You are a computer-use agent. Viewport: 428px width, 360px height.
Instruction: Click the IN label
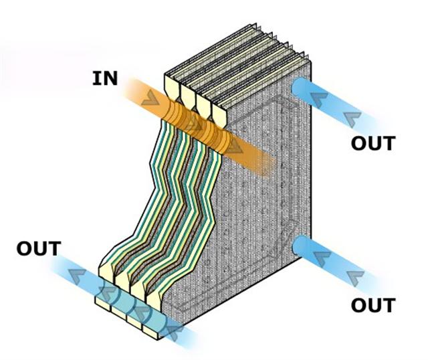[105, 78]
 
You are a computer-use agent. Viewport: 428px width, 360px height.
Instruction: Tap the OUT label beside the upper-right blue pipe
[373, 143]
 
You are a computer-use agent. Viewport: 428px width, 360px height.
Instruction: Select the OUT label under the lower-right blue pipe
[373, 305]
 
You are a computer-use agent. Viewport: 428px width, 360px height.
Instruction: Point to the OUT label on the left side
[39, 248]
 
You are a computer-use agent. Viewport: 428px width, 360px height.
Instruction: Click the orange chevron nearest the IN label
[150, 98]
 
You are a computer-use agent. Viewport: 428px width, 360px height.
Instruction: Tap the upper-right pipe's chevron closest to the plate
[318, 99]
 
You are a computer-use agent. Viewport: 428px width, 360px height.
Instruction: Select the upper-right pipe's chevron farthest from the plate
[352, 119]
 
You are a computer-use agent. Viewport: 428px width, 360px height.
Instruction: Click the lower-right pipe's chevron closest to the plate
[322, 259]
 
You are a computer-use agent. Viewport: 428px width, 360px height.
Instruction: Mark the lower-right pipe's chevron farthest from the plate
[355, 278]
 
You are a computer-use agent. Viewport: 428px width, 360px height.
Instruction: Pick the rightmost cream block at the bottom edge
[150, 331]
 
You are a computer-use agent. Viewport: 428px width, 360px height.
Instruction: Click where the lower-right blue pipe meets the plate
[296, 245]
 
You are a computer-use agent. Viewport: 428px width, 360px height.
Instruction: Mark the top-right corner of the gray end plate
[310, 62]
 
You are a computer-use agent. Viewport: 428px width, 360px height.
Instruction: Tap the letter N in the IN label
[110, 78]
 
